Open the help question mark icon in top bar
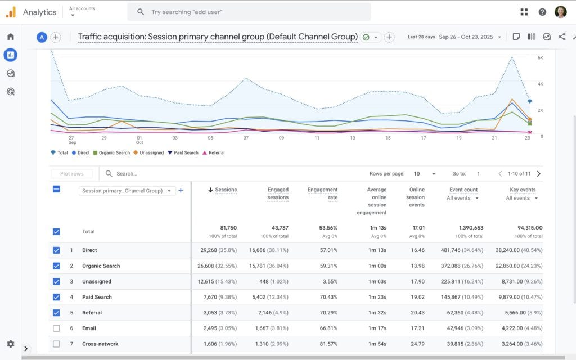point(542,12)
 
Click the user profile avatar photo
point(560,12)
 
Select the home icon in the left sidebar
point(10,37)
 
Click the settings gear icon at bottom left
point(10,344)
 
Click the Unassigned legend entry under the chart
point(149,152)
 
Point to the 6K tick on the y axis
point(540,57)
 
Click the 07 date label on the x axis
point(246,137)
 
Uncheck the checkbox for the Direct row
point(56,250)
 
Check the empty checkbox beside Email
point(56,328)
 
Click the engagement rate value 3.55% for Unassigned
point(328,281)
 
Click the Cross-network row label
point(100,344)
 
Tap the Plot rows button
point(71,174)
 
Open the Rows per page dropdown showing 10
point(425,174)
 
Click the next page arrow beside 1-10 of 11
point(539,174)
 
